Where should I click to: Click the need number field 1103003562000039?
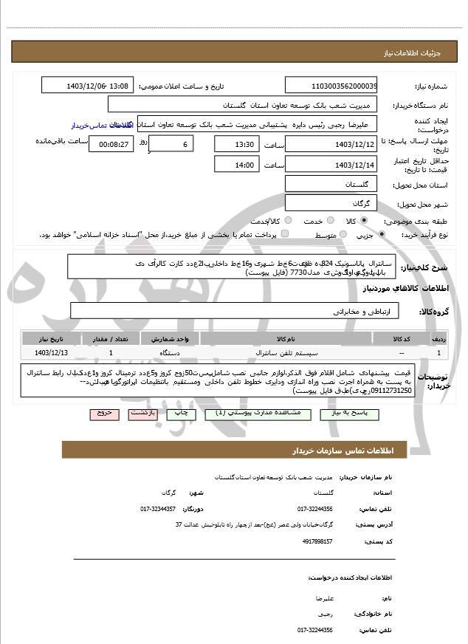tap(330, 86)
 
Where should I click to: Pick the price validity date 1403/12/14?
tap(330, 165)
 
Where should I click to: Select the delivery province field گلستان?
tap(330, 183)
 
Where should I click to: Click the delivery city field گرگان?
tap(330, 203)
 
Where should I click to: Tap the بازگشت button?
tap(143, 414)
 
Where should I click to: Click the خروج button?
tap(104, 414)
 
